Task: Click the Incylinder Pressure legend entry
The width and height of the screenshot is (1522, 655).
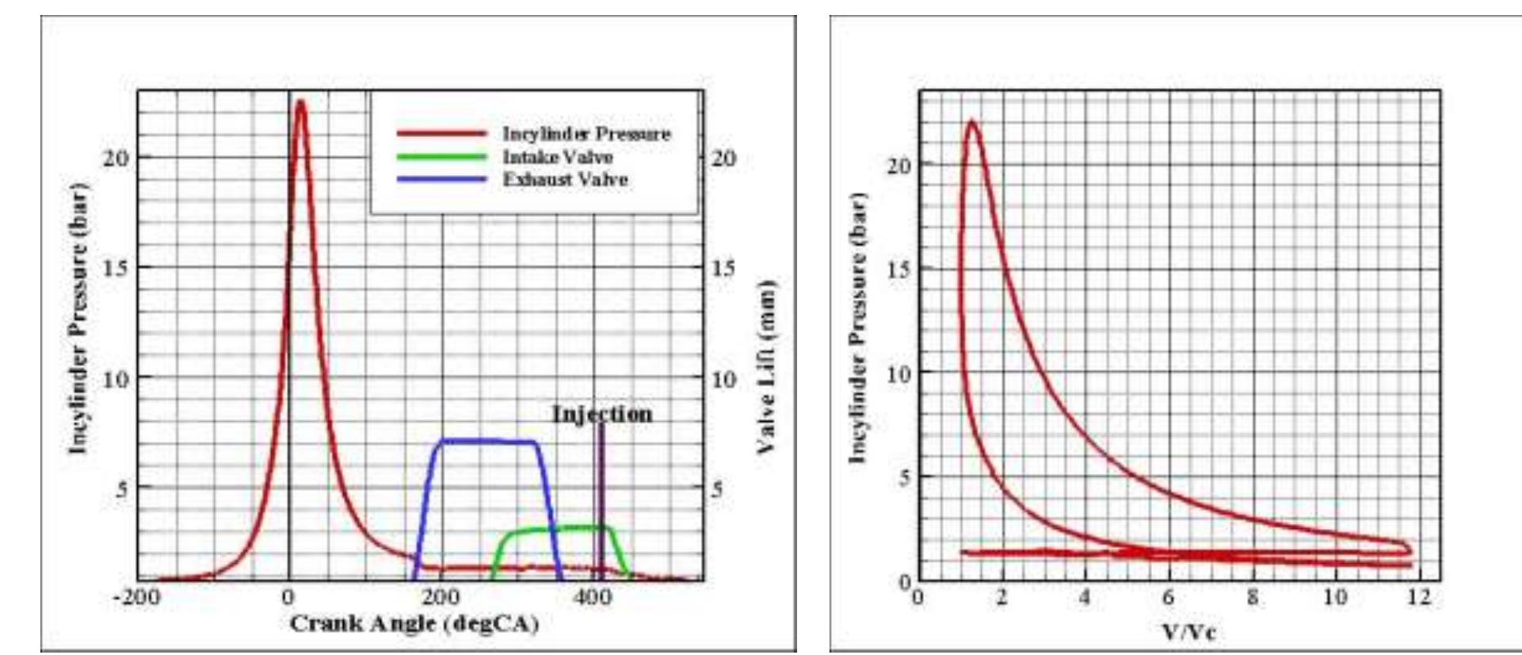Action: tap(586, 134)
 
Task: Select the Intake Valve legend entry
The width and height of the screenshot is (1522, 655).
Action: tap(557, 157)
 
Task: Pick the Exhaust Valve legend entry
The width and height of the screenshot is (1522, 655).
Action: tap(564, 180)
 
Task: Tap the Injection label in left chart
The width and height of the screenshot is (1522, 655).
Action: tap(602, 414)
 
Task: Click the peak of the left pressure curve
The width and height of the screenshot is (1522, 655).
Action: tap(300, 102)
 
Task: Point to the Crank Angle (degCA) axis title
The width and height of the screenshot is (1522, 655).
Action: tap(414, 624)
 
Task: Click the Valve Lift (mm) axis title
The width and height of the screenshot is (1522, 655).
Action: tap(765, 366)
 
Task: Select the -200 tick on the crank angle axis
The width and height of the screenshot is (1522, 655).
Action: tap(137, 597)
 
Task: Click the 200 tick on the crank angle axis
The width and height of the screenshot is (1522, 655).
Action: tap(440, 597)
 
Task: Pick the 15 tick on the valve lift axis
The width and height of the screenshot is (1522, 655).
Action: tap(723, 268)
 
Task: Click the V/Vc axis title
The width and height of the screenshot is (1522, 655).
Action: tap(1188, 632)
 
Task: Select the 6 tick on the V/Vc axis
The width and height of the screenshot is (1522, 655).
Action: tap(1168, 596)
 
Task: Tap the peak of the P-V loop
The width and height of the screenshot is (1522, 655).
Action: tap(971, 123)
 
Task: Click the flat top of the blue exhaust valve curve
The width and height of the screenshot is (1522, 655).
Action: tap(487, 440)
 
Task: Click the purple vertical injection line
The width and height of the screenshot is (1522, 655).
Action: tap(601, 500)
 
